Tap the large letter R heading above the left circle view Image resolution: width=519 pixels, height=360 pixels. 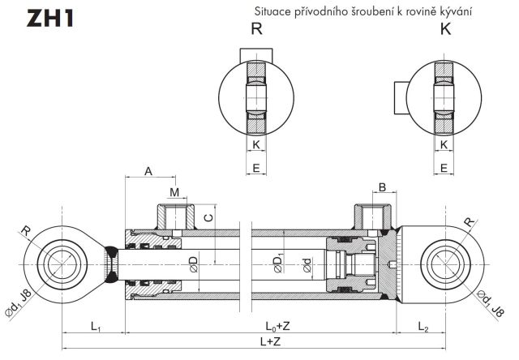click(257, 29)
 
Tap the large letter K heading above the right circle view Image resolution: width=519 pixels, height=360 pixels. click(444, 29)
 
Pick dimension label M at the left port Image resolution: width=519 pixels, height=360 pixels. click(174, 191)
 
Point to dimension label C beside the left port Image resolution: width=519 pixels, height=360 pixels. click(208, 216)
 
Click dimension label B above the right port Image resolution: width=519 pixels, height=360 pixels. click(382, 187)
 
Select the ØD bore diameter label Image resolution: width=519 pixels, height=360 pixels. click(193, 264)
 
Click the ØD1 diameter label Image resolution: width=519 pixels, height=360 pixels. click(279, 263)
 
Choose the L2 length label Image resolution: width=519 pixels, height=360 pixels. click(423, 326)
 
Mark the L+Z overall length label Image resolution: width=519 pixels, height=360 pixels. click(271, 342)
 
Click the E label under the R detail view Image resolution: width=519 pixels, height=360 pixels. click(256, 168)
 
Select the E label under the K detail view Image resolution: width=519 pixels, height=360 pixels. click(444, 168)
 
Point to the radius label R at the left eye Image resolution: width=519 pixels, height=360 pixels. click(26, 231)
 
